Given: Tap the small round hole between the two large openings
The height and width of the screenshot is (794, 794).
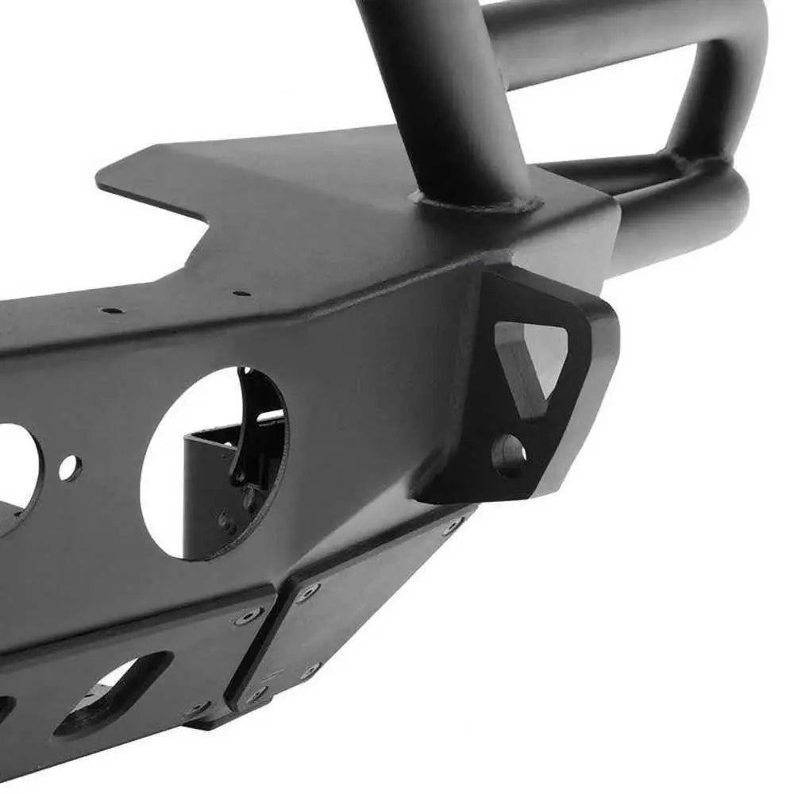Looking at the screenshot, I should point(70,468).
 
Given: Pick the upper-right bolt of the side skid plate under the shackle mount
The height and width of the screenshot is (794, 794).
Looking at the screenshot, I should point(454,526).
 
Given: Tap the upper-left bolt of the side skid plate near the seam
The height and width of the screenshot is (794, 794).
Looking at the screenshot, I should point(307,590).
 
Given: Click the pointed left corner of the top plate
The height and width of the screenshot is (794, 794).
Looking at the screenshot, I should point(99,179).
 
